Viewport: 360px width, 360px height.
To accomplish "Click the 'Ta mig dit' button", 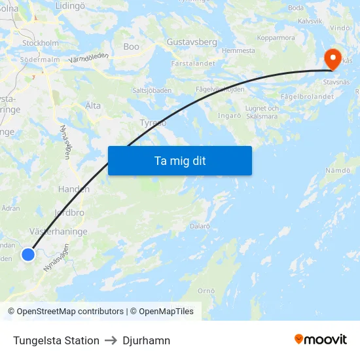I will click(180, 160).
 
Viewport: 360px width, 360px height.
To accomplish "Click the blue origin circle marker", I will click(28, 254).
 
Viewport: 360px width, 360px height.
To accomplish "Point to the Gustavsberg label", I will click(192, 42).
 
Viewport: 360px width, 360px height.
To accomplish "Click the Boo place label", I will click(131, 47).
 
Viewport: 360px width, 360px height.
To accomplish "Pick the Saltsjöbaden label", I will click(152, 90).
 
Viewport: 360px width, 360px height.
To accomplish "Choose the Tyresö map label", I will click(153, 123).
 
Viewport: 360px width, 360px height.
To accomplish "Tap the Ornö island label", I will click(206, 291).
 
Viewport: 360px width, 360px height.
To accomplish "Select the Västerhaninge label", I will click(58, 232).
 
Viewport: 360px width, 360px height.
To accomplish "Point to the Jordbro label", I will click(69, 213).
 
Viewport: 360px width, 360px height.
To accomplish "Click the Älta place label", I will click(93, 105).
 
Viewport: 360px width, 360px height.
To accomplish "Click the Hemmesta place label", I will click(238, 51).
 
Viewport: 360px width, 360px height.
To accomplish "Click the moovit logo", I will click(321, 340).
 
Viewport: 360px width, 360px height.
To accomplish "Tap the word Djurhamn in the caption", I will click(147, 340).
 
